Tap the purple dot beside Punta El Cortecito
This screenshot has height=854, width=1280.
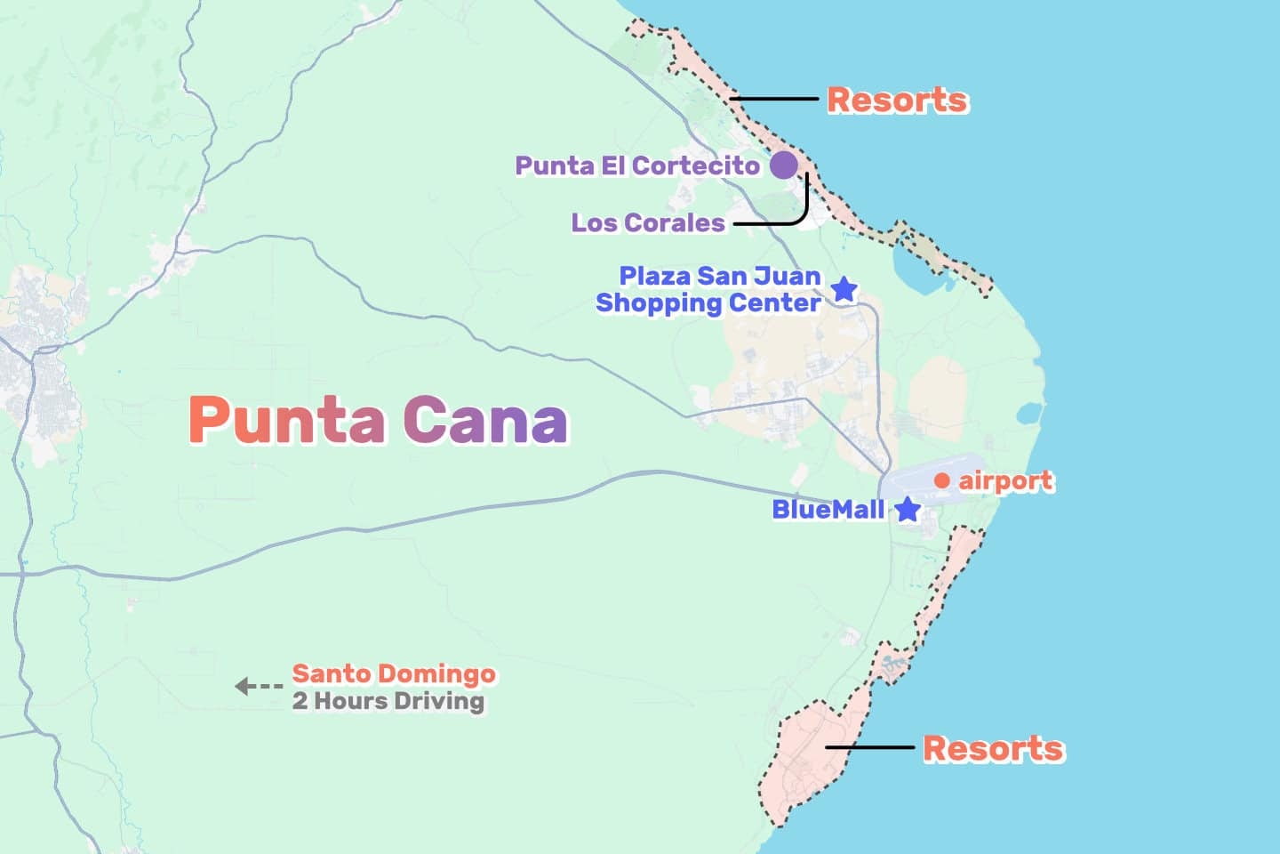(783, 165)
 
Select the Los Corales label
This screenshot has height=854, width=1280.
(648, 222)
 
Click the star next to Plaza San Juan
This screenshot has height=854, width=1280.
(844, 289)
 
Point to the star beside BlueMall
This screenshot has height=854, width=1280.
(907, 510)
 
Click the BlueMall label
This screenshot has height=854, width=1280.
(828, 510)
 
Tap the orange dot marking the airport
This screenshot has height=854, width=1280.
(942, 481)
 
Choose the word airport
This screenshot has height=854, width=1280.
(1005, 481)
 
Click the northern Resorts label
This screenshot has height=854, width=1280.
(897, 100)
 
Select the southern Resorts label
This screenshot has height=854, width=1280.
(993, 748)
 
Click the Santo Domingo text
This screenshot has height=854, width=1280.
(394, 673)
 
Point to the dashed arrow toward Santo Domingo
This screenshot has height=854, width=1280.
(258, 686)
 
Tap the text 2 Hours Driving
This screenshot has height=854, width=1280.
(388, 701)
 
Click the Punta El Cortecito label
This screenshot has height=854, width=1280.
(637, 165)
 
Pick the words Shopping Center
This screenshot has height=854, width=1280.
(708, 303)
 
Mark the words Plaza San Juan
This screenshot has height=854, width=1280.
(720, 276)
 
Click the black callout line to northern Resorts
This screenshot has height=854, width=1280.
(773, 99)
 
